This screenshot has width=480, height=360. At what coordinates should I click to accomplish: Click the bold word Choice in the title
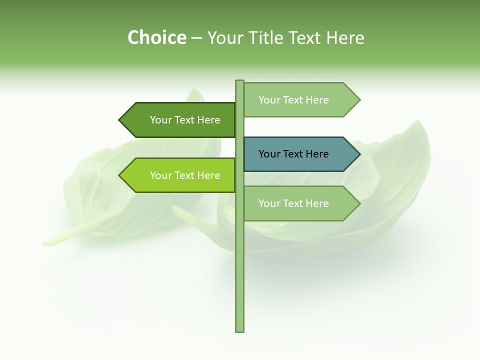coord(156,38)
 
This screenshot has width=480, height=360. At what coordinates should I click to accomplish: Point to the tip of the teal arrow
coord(359,154)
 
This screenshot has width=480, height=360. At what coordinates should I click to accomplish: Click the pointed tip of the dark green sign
coord(120,120)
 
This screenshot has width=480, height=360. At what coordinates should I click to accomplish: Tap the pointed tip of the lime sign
coord(120,175)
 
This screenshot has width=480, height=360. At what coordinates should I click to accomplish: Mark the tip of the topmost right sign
coord(359,100)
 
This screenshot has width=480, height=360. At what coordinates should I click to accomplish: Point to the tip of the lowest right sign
coord(359,203)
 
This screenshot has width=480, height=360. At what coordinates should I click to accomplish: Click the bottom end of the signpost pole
coord(239,330)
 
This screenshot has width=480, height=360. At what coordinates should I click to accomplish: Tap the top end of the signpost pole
coord(239,81)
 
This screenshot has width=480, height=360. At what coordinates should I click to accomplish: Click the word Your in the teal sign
coord(269,154)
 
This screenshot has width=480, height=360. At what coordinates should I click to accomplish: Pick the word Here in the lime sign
coord(208,175)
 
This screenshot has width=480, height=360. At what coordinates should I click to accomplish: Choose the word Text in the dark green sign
coord(185,120)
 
